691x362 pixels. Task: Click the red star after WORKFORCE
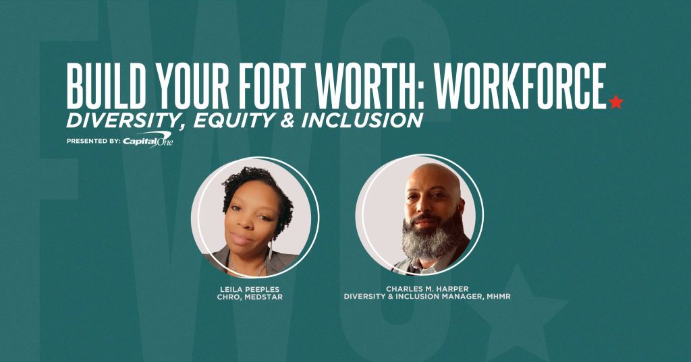click(615, 102)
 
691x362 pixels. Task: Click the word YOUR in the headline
click(191, 86)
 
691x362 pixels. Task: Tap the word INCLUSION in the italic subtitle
click(362, 121)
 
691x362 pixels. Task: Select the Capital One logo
click(148, 140)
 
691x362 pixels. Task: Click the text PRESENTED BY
click(93, 142)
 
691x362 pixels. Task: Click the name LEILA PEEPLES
click(250, 289)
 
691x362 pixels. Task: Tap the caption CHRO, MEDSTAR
click(250, 297)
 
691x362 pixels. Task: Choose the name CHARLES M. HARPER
click(427, 289)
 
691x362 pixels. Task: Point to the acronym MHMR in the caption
click(499, 297)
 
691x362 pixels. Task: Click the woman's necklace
click(247, 266)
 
